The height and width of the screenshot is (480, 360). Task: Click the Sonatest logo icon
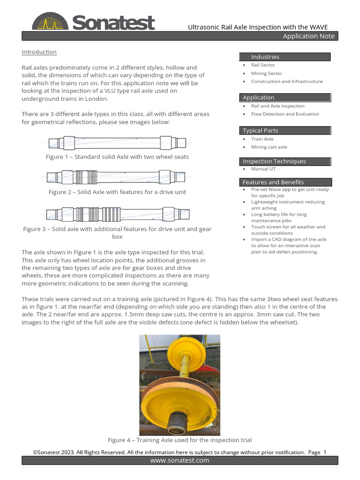point(50,22)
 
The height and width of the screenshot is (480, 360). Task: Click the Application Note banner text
point(308,37)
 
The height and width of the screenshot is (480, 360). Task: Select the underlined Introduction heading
point(39,52)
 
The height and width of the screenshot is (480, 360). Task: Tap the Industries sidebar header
point(265,57)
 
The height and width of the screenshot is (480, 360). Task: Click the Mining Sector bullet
point(266,73)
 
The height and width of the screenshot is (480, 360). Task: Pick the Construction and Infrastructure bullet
point(286,82)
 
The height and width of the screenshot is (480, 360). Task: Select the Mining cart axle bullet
point(269,147)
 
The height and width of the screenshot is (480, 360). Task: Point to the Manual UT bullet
point(263,169)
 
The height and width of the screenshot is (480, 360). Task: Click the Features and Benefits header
point(273,182)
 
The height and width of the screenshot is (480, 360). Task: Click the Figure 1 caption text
point(117,157)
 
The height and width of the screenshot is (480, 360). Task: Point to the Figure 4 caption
point(180,440)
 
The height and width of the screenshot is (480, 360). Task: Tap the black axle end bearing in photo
point(180,420)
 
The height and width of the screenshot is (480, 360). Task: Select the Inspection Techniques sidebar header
point(274,161)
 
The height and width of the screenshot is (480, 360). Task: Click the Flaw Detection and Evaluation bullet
point(285,114)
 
